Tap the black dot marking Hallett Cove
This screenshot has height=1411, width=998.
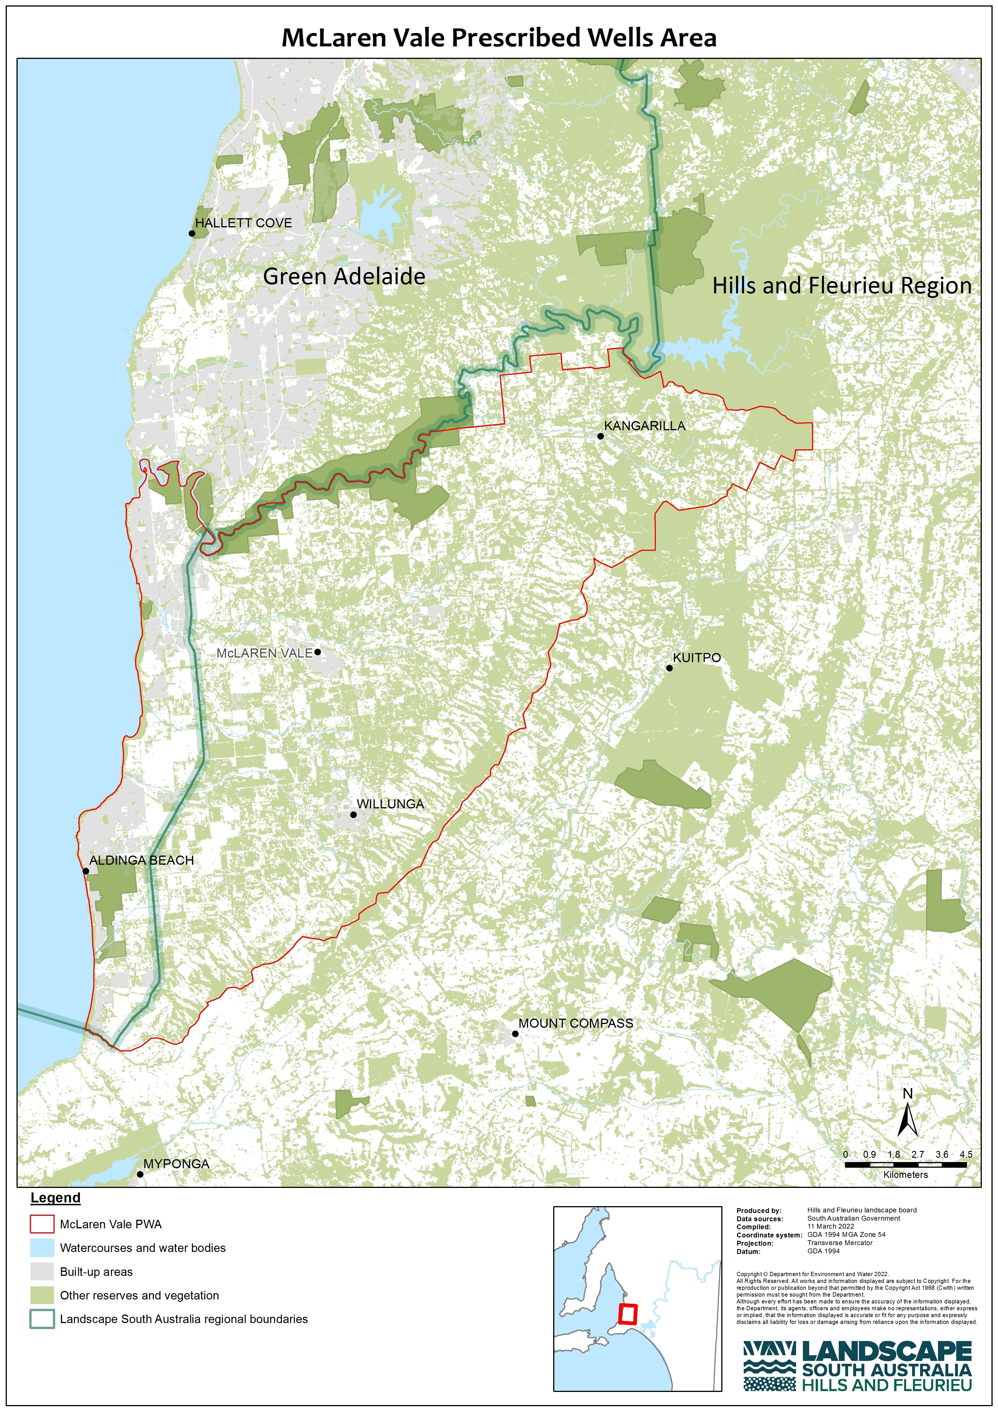pyautogui.click(x=192, y=234)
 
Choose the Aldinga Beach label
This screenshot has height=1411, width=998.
pyautogui.click(x=141, y=860)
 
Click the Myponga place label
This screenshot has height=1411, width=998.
pyautogui.click(x=176, y=1164)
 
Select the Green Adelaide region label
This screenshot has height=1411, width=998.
pyautogui.click(x=344, y=277)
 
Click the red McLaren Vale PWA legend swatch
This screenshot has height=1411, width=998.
pyautogui.click(x=42, y=1224)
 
